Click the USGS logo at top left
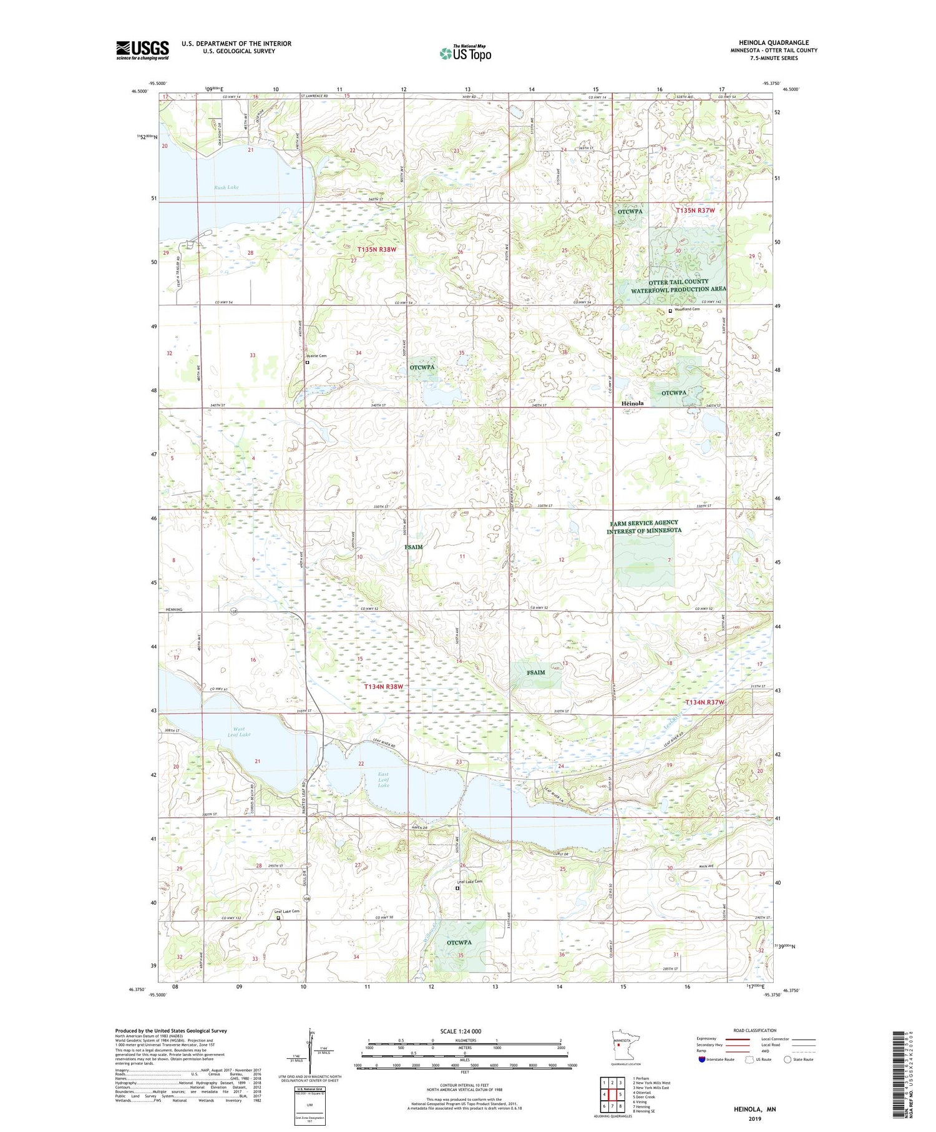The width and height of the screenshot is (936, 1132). [142, 50]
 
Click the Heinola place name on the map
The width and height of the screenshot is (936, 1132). [633, 403]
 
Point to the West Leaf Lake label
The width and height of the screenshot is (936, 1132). [239, 731]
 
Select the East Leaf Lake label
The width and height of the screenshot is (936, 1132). [383, 780]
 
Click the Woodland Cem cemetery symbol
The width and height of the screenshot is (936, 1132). [671, 310]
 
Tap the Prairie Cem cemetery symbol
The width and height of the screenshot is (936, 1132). [307, 362]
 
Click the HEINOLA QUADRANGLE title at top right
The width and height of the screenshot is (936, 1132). [774, 42]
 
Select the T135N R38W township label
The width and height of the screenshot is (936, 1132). [377, 249]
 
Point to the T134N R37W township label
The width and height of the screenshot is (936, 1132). [705, 702]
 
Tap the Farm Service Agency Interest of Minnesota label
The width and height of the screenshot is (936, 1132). [644, 527]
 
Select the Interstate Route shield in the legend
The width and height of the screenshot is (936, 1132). [702, 1060]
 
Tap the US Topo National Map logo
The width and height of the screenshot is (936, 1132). [465, 53]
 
